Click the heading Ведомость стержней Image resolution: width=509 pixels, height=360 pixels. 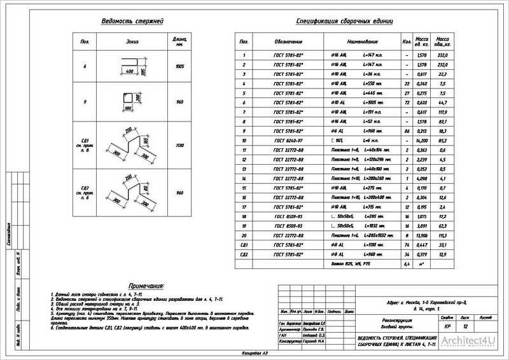pos(132,21)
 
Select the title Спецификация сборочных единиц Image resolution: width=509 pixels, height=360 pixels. pos(344,21)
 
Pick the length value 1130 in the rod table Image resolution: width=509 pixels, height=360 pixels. pos(179,146)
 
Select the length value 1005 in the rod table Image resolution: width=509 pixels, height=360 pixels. pos(179,66)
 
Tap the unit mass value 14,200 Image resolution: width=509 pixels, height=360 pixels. pos(421,140)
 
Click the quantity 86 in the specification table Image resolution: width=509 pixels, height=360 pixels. pos(406,130)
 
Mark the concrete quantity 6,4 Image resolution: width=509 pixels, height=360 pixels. pos(406,263)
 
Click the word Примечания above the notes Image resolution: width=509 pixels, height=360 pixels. pos(146,287)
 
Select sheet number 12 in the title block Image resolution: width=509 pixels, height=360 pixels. pos(466,326)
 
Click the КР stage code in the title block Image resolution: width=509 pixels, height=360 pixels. pos(448,326)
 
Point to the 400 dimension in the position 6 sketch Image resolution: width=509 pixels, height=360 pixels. pos(130,72)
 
